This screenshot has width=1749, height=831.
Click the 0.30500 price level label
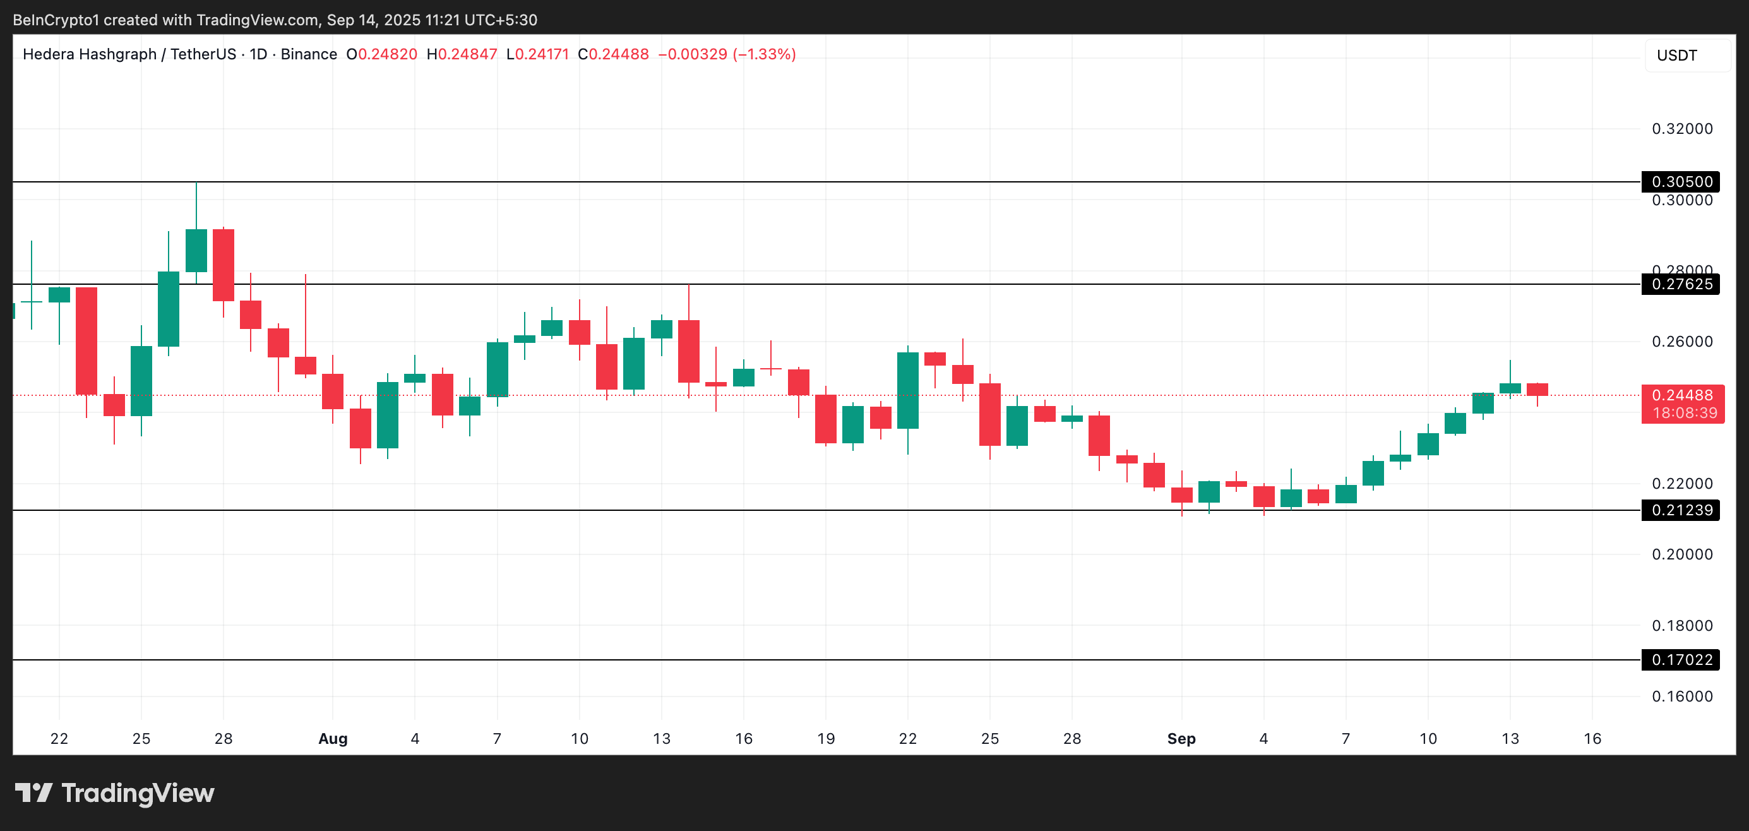(x=1680, y=181)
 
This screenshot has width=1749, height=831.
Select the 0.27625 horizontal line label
(x=1680, y=284)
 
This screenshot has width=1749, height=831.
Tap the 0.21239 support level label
(x=1680, y=510)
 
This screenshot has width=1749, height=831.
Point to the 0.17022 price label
(x=1680, y=659)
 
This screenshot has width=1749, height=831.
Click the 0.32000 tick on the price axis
(x=1682, y=128)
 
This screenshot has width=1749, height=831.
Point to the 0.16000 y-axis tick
(x=1682, y=696)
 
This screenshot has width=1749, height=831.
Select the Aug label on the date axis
(x=333, y=739)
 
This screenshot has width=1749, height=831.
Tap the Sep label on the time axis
(x=1181, y=739)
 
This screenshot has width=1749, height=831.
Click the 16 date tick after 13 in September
(x=1592, y=739)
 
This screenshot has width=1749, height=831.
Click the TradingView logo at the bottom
(x=114, y=793)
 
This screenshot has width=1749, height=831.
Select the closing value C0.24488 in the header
(x=613, y=54)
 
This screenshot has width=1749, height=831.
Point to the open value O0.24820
(x=381, y=54)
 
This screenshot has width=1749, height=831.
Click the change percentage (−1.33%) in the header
(x=764, y=54)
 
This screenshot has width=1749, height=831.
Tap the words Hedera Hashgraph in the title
(x=90, y=54)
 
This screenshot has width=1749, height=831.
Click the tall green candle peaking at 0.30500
(x=196, y=250)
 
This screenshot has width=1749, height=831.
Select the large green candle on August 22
(x=908, y=390)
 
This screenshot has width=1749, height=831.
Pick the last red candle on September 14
(x=1537, y=390)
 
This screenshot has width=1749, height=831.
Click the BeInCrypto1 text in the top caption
(x=56, y=20)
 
